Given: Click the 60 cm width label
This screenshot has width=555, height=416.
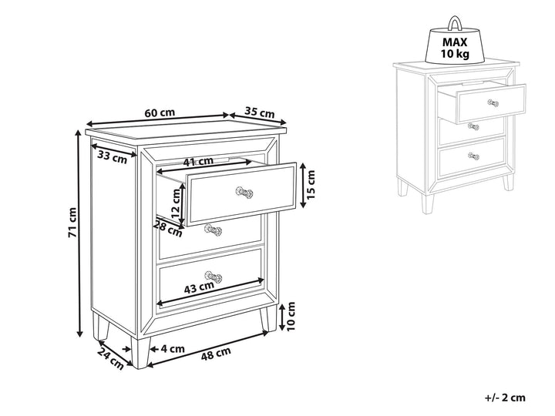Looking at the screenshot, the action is [160, 112].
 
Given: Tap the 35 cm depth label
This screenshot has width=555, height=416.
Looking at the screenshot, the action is [260, 112].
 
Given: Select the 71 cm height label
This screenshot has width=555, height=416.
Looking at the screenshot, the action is [72, 222].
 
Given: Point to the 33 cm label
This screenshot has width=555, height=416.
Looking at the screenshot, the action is [113, 156].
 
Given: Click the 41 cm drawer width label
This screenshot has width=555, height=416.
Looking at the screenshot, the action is [198, 162].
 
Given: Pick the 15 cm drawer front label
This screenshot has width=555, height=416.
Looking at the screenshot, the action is [311, 184].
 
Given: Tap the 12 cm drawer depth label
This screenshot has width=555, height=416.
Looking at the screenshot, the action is [176, 203].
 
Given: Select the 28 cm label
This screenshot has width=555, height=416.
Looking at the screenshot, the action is [168, 228].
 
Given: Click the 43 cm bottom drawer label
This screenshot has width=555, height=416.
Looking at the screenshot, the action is [200, 288].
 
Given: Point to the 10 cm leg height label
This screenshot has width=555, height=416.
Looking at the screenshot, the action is [291, 316].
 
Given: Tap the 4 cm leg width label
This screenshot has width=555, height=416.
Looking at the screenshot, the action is [173, 349].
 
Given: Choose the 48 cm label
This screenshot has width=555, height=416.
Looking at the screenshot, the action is [216, 354].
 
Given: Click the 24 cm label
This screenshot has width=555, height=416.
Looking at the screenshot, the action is [110, 359].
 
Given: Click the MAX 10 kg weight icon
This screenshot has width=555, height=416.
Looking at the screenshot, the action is [455, 42].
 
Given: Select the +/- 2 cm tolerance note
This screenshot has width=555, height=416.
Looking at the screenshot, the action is [505, 398].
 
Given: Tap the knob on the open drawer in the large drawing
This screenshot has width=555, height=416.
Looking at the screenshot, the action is [244, 193].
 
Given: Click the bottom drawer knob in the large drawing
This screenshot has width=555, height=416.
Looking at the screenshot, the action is [214, 277].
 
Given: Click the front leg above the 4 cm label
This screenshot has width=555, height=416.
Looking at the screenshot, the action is [141, 352].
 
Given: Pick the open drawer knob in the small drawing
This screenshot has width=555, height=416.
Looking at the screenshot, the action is [493, 103].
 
